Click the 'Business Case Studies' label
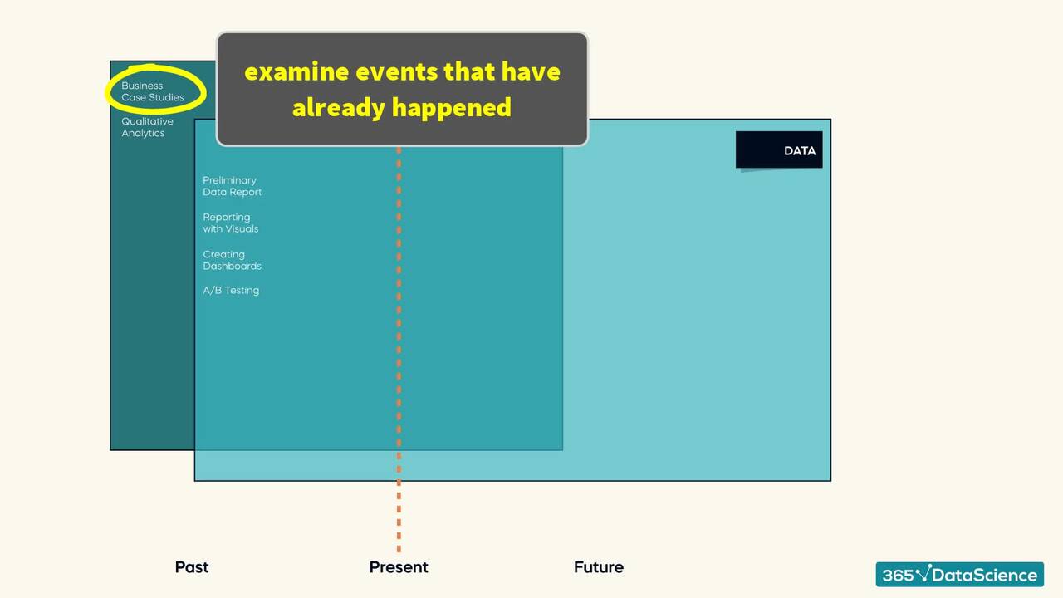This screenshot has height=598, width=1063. click(x=152, y=91)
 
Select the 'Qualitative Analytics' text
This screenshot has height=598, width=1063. click(x=147, y=127)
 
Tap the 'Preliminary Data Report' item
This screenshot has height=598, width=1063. click(x=232, y=186)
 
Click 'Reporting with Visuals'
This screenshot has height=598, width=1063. click(x=230, y=223)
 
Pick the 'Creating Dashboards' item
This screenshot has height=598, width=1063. click(x=232, y=260)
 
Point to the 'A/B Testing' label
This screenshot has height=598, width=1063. click(x=231, y=290)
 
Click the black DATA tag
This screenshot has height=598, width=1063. click(x=779, y=150)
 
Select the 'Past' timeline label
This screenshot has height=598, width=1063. click(x=191, y=567)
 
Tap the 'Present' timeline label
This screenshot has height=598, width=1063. click(x=399, y=567)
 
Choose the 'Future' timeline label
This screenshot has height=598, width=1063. click(x=598, y=567)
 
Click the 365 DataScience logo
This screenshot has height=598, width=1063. click(x=959, y=575)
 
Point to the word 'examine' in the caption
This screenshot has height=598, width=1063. click(x=296, y=72)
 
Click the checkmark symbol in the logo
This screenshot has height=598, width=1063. click(x=923, y=573)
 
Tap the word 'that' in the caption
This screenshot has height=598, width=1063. click(x=469, y=72)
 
